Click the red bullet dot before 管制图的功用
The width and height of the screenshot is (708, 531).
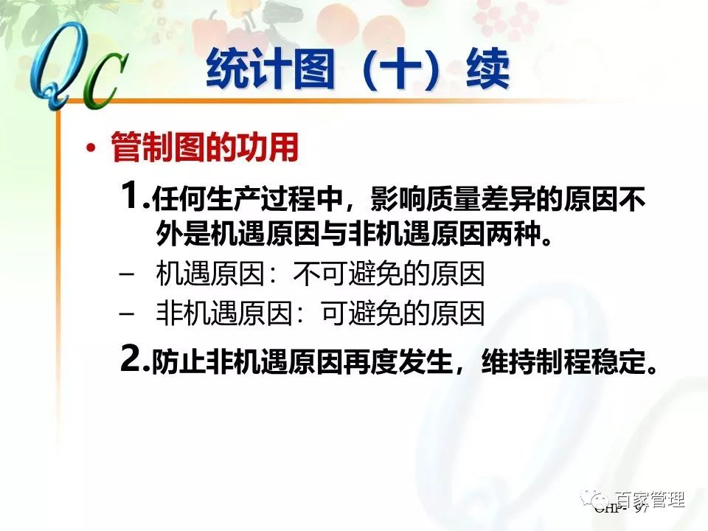coord(91,149)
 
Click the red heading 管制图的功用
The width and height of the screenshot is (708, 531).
coord(204,148)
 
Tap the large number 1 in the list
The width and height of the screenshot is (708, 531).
coord(131,197)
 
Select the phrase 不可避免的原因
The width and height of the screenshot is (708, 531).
coord(389,275)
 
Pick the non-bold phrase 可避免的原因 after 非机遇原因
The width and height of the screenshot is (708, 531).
coord(403,314)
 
